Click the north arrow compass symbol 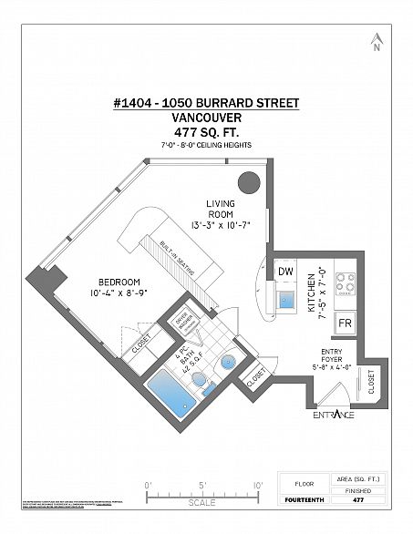(x=375, y=43)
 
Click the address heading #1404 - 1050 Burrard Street (x=207, y=104)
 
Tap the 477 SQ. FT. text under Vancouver (x=207, y=132)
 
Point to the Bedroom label (x=120, y=282)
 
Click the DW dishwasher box (x=285, y=271)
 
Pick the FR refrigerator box (x=346, y=323)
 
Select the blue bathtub (x=167, y=395)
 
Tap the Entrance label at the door (x=334, y=416)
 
